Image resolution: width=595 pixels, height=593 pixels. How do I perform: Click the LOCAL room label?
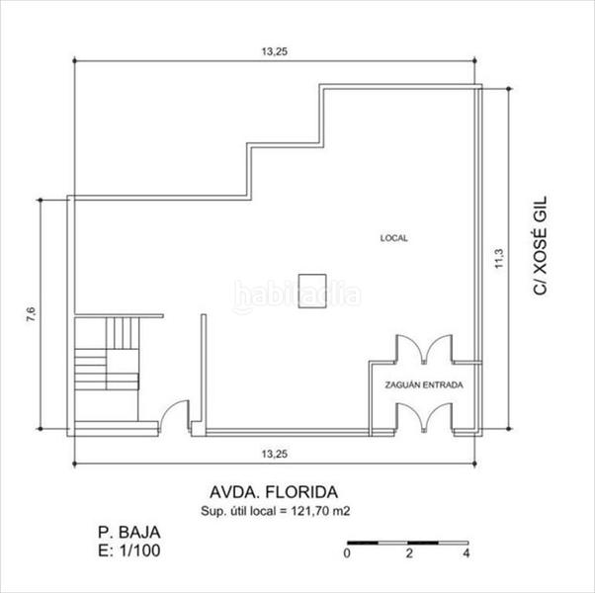(x=393, y=238)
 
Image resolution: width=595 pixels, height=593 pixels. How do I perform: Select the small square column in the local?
(x=312, y=282)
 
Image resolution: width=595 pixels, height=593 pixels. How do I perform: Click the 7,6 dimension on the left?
(x=31, y=315)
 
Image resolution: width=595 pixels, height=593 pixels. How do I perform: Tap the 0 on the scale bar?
(x=347, y=554)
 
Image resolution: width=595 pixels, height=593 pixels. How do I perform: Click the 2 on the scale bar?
(x=407, y=554)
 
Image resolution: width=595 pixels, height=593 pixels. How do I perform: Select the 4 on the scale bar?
(x=466, y=554)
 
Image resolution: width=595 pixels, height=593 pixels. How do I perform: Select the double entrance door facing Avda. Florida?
(x=423, y=417)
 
